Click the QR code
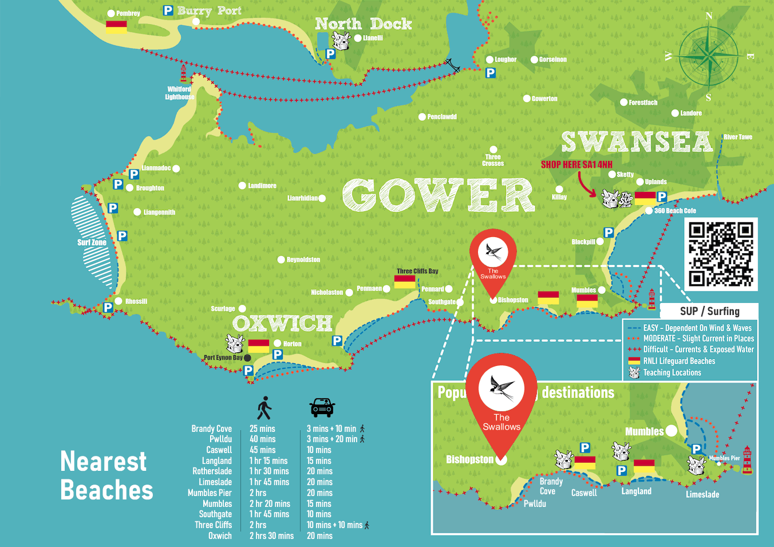click(x=721, y=254)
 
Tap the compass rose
click(x=709, y=57)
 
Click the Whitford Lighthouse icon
click(x=184, y=74)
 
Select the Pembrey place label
click(x=128, y=13)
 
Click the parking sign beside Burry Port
click(x=168, y=10)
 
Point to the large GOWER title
click(x=438, y=195)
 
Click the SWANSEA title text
click(x=636, y=142)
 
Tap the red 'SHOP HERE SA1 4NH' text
click(x=576, y=164)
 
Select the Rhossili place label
click(x=136, y=301)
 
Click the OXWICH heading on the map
click(x=282, y=324)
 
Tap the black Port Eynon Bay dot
click(x=247, y=358)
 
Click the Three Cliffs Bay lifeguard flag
click(x=405, y=282)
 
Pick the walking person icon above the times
click(x=264, y=407)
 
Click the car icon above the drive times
click(x=322, y=407)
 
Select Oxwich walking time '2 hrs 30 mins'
click(x=271, y=536)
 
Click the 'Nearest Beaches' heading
click(x=106, y=476)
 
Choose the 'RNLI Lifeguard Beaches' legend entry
click(x=679, y=361)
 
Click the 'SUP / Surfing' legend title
click(x=709, y=311)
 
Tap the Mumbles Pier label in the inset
click(x=724, y=458)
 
